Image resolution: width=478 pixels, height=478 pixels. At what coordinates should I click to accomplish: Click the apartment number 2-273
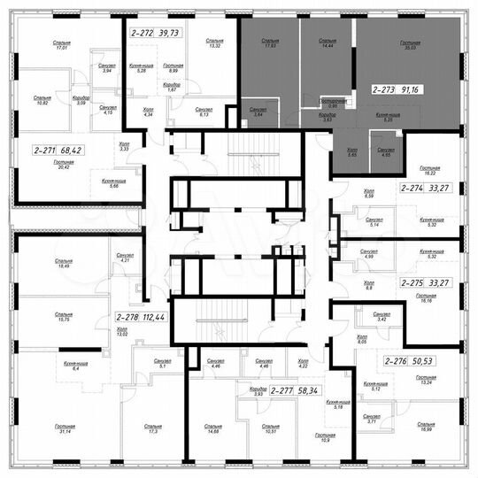point(387,89)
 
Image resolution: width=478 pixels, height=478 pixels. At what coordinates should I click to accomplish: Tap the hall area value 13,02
point(122,334)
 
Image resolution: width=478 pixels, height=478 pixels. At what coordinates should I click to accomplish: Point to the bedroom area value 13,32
point(213,46)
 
